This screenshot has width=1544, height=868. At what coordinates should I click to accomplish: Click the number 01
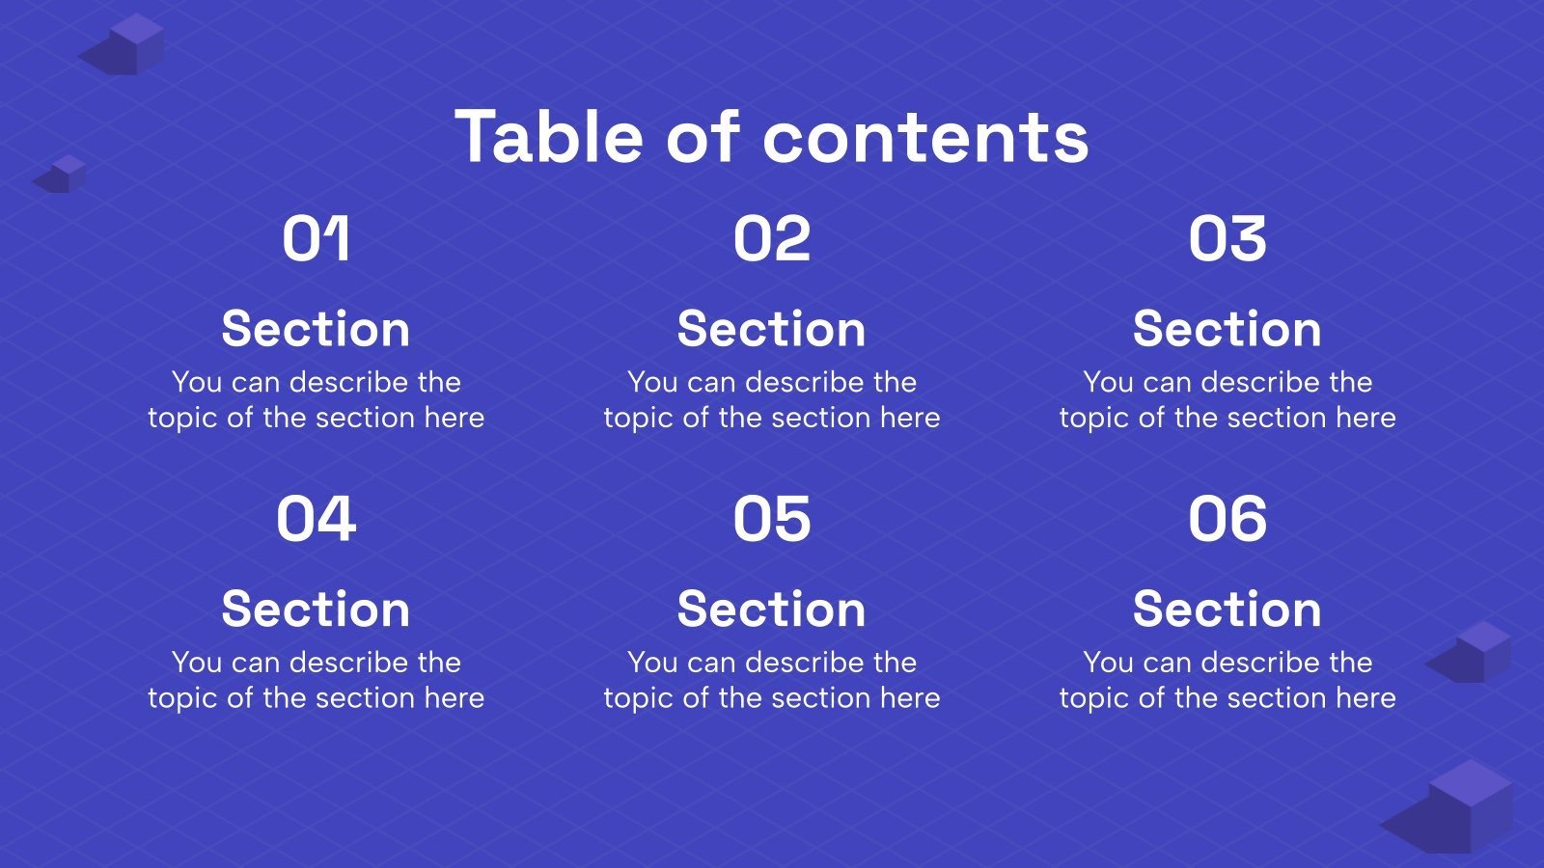[316, 239]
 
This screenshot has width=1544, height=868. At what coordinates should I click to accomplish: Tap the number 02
[771, 239]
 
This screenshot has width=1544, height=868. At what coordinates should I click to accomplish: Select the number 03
[1227, 239]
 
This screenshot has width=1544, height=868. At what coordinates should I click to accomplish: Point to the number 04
[316, 519]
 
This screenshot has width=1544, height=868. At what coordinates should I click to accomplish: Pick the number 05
[771, 519]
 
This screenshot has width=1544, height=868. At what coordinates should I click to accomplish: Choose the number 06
[1227, 519]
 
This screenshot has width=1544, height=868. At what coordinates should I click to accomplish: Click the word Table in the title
[549, 136]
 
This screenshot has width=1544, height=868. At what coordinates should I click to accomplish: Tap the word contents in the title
[925, 138]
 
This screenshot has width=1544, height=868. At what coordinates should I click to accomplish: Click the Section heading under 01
[316, 329]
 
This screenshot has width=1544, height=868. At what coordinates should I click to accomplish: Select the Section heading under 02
[771, 329]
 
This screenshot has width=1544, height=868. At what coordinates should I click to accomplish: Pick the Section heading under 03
[1227, 329]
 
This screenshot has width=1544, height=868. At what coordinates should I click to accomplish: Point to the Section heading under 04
[316, 610]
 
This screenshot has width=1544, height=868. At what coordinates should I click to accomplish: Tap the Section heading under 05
[771, 610]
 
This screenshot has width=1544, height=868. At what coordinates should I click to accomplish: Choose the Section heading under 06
[1227, 610]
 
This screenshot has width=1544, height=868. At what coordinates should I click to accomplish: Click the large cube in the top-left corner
[131, 44]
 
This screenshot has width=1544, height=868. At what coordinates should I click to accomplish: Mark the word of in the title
[703, 136]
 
